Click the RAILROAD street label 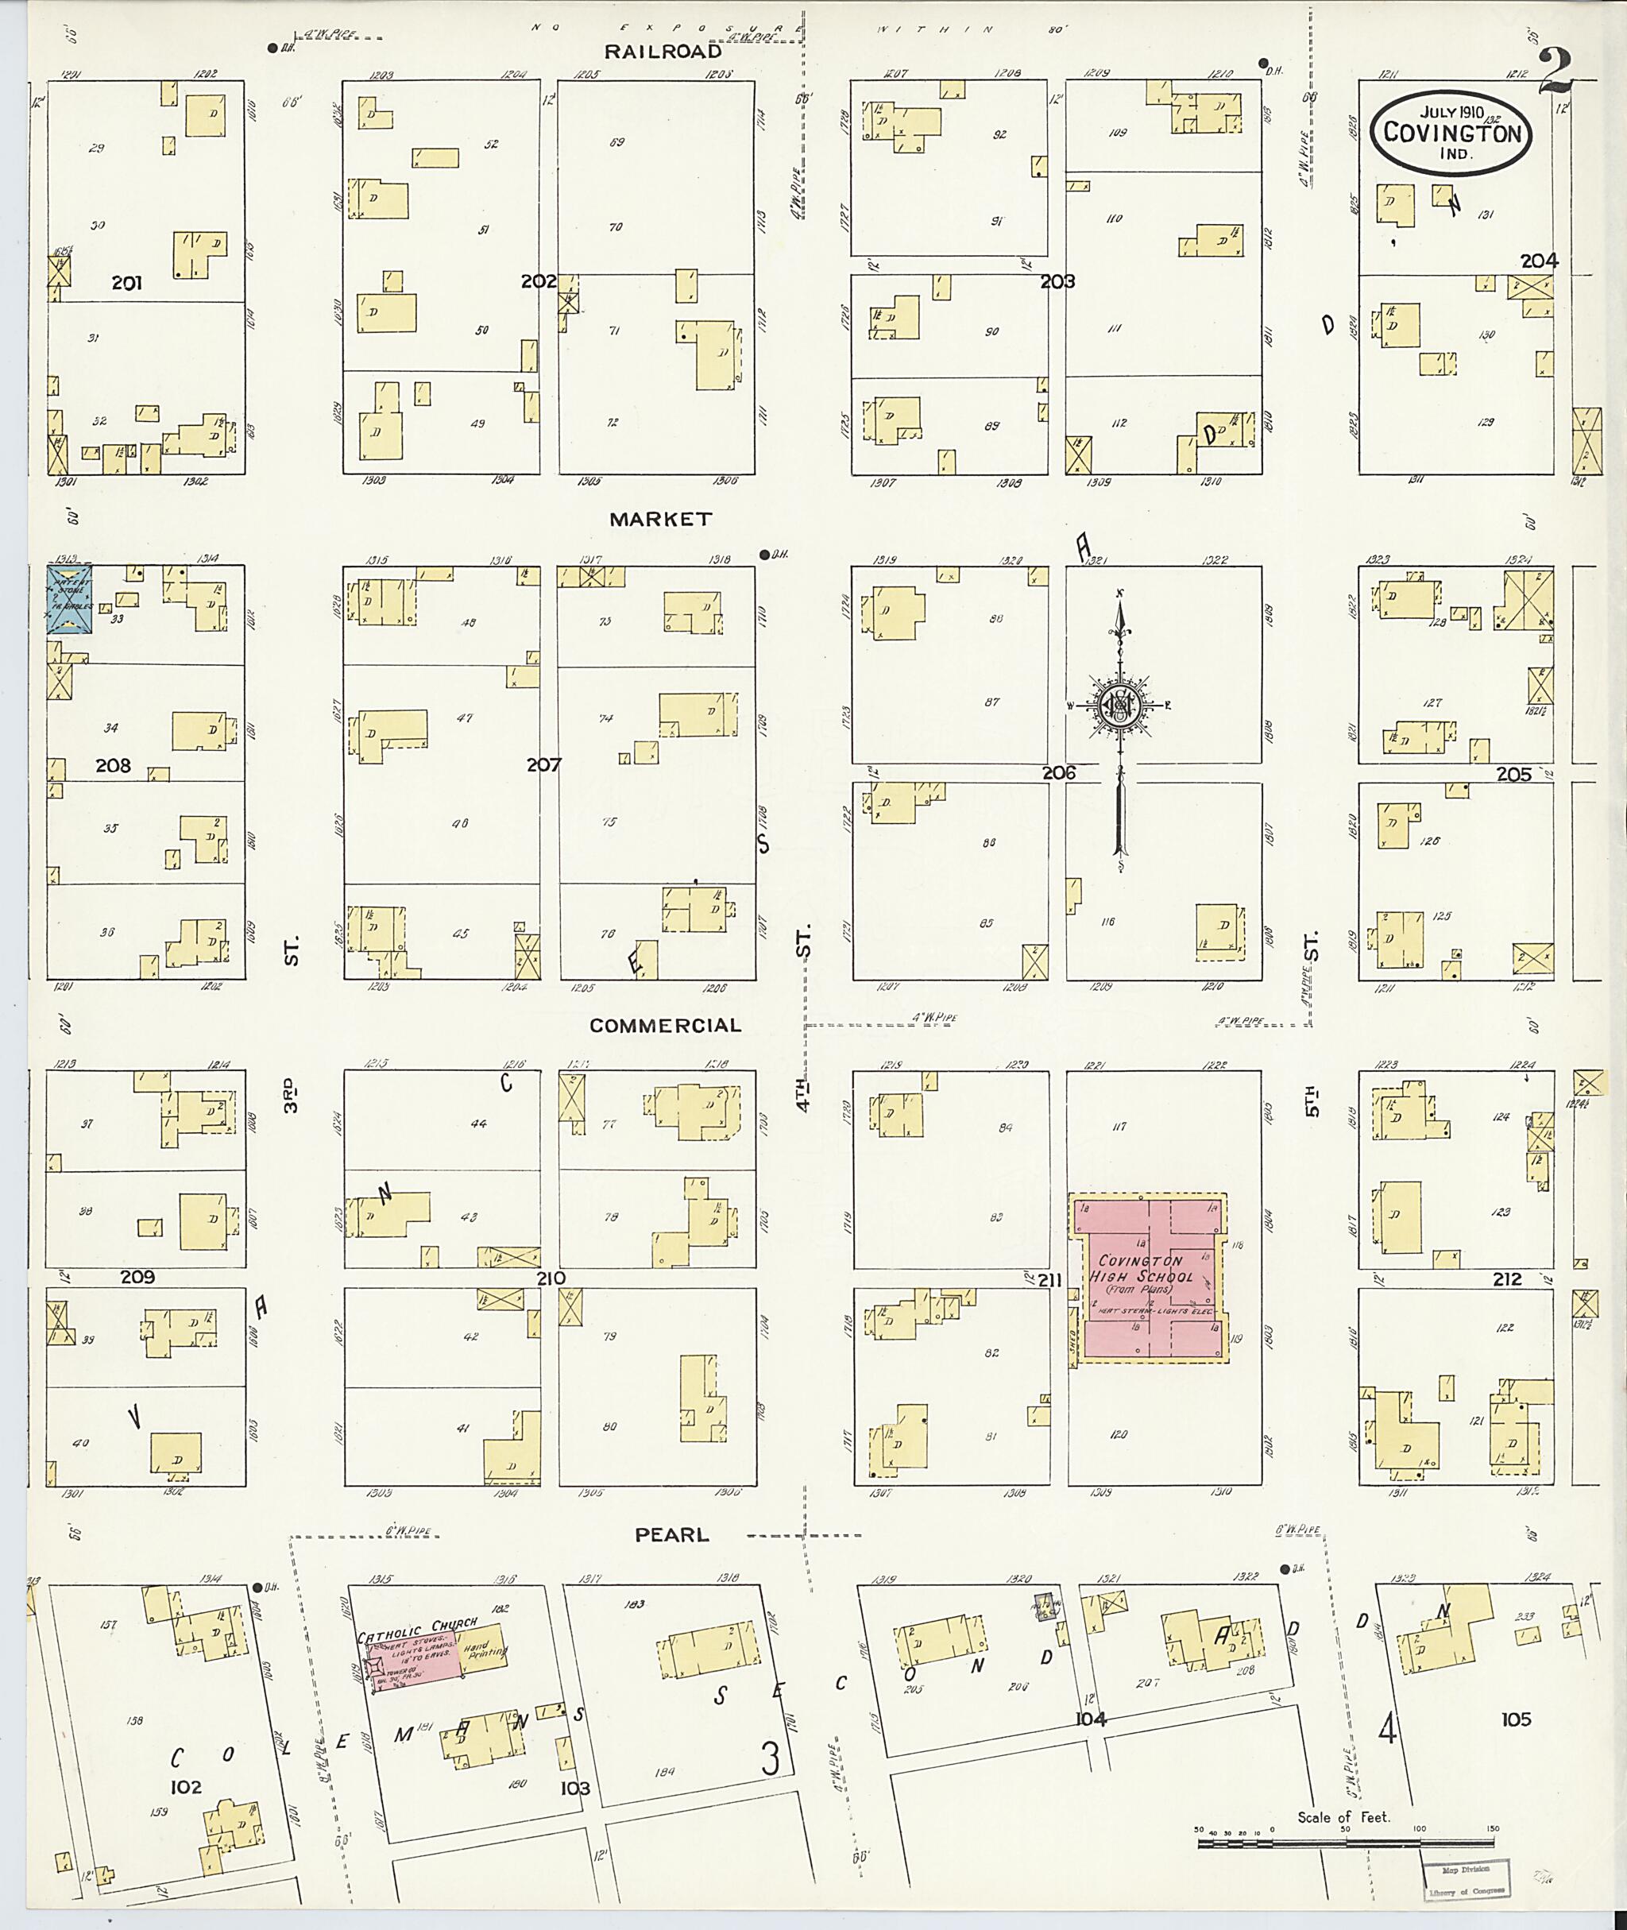[663, 52]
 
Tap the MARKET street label [661, 520]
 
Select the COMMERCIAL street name [665, 1026]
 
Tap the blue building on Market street [69, 601]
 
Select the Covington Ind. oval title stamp [1451, 131]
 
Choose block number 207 [543, 765]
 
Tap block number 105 [1516, 1719]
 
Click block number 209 [137, 1278]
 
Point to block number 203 [1057, 282]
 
